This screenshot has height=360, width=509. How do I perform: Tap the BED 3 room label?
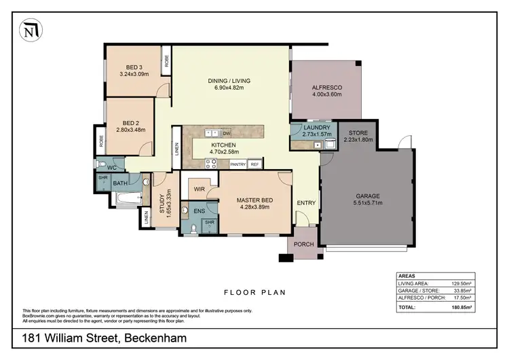point(134,67)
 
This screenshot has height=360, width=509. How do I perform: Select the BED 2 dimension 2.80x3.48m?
point(132,130)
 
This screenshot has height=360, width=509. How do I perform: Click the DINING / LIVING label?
point(225,81)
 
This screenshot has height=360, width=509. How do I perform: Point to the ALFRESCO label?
point(326,87)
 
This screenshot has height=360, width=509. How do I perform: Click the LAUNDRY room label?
point(317,127)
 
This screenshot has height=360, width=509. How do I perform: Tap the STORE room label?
point(358,133)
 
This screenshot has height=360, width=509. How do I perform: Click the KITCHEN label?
point(223,145)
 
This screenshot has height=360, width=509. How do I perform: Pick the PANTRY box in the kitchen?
point(238,164)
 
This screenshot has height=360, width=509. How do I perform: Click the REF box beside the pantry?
point(255,164)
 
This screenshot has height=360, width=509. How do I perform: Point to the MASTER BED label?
point(254,200)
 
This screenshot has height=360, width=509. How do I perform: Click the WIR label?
point(200,189)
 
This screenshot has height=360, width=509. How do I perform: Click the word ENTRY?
point(307,203)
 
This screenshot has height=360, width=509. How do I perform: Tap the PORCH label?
point(303,245)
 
